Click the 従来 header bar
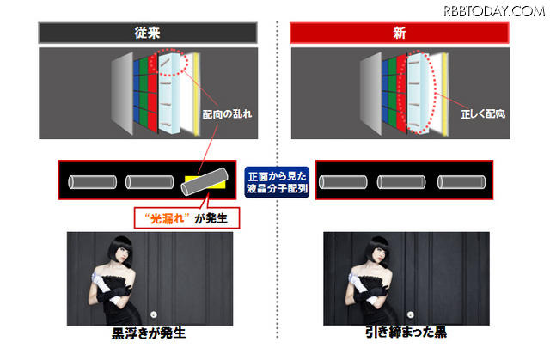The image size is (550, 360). [148, 34]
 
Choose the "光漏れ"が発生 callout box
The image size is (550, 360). [184, 215]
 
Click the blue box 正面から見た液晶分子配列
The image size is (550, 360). [276, 181]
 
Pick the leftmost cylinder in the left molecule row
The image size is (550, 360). [92, 182]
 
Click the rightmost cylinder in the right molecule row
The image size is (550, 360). [459, 182]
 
